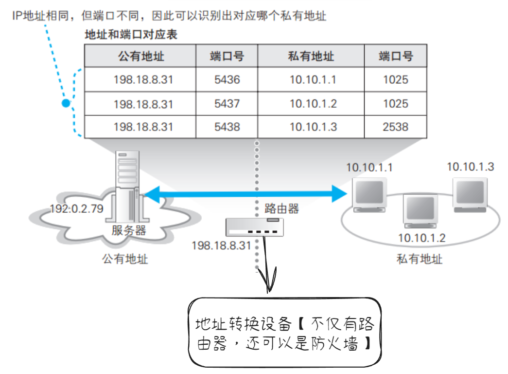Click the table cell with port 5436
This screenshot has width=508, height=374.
point(227,79)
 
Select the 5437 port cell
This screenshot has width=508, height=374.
point(227,103)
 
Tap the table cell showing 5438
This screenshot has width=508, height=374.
point(227,127)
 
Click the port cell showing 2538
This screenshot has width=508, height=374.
point(395,127)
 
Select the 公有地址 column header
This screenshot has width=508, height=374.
point(141,56)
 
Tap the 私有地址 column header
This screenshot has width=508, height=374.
point(311,56)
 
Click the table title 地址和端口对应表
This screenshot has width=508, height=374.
point(131,35)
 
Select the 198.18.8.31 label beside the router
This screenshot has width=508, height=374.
point(221,245)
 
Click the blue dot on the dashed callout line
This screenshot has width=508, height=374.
point(66,103)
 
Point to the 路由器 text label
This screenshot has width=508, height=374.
point(281,209)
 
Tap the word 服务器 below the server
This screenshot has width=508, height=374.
point(129,230)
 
